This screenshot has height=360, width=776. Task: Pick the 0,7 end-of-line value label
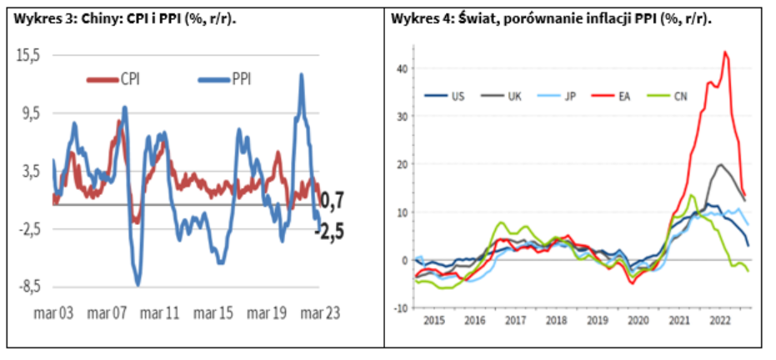pos(333,200)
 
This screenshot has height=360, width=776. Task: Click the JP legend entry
pos(570,96)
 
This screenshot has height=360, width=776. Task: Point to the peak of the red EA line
pos(725,52)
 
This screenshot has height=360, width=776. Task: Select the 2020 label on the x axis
pos(638,320)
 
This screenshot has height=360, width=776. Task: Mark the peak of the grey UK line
pos(720,164)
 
